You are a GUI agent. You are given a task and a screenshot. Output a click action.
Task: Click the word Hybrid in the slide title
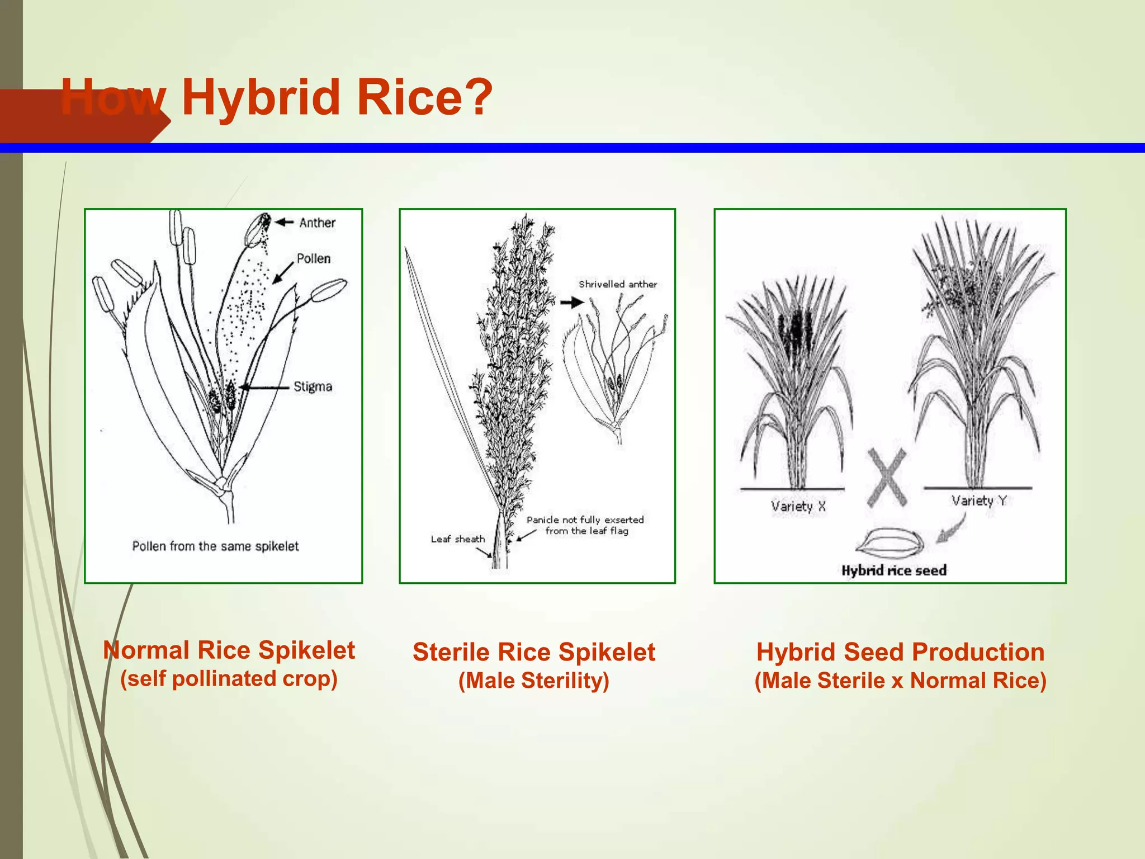261,97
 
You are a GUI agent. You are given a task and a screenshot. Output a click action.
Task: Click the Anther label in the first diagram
317,223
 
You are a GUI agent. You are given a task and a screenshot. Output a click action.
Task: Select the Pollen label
313,258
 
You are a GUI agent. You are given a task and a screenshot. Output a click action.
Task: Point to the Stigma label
313,386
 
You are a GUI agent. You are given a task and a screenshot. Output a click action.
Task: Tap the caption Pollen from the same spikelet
215,546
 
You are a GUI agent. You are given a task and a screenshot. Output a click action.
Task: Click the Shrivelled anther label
617,284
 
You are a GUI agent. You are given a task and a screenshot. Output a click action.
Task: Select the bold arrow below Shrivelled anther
572,303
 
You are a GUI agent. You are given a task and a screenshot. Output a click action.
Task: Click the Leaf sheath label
457,539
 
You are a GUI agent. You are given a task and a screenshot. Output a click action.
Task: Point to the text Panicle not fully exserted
585,520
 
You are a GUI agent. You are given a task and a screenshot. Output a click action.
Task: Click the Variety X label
798,507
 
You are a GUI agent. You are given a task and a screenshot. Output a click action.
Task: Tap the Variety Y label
978,501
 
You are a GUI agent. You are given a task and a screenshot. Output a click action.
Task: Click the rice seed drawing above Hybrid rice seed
889,542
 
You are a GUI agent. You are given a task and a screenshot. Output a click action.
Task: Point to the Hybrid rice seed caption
893,570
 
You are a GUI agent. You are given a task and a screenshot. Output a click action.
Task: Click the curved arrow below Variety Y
953,529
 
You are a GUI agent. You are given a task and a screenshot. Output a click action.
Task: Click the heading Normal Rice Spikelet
229,650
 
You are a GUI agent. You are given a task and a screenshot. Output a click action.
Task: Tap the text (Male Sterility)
533,681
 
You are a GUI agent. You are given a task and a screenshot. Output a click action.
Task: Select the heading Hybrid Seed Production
900,652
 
